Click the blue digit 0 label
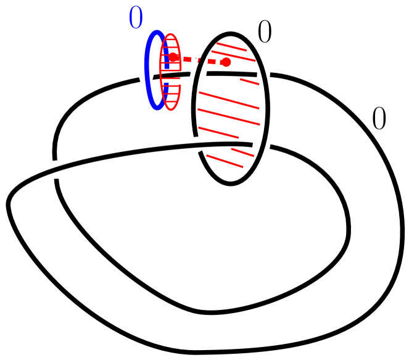pos(136,17)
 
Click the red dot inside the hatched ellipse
pos(174,58)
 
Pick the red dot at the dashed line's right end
pos(226,62)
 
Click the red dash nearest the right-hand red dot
pos(212,62)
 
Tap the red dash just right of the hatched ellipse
pos(188,59)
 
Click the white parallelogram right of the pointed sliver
pos(202,76)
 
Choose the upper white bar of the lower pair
pos(195,140)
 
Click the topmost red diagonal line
pos(231,47)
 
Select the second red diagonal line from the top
pos(234,56)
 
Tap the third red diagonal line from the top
pos(249,82)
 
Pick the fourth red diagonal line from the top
pos(229,100)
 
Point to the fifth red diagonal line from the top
pos(228,117)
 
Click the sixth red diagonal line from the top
pos(218,133)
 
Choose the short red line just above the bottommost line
pos(242,153)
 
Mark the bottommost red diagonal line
pos(225,161)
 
